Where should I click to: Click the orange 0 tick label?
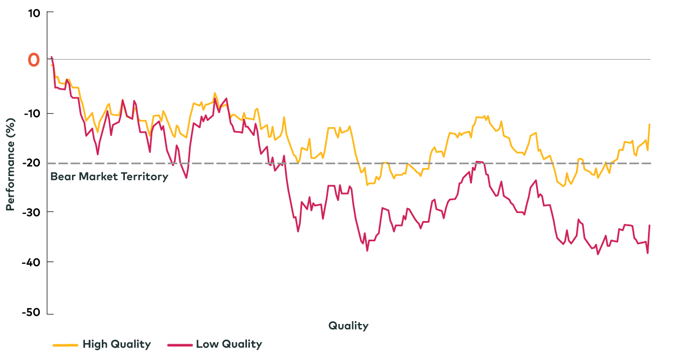coord(34,60)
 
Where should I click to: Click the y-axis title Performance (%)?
coord(10,164)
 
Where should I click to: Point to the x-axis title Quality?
coord(348,326)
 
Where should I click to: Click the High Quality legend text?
coord(116,344)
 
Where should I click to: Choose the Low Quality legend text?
coord(228,344)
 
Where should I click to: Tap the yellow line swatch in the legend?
coord(65,344)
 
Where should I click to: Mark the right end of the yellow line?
coord(650,124)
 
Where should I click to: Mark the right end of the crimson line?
coord(650,225)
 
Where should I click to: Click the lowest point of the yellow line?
coord(562,186)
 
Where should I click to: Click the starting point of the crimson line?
coord(52,56)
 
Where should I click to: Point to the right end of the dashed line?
coord(650,163)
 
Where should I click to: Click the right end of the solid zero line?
coord(650,59)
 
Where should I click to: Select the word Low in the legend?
coord(206,344)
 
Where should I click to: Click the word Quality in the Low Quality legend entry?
coord(241,344)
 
